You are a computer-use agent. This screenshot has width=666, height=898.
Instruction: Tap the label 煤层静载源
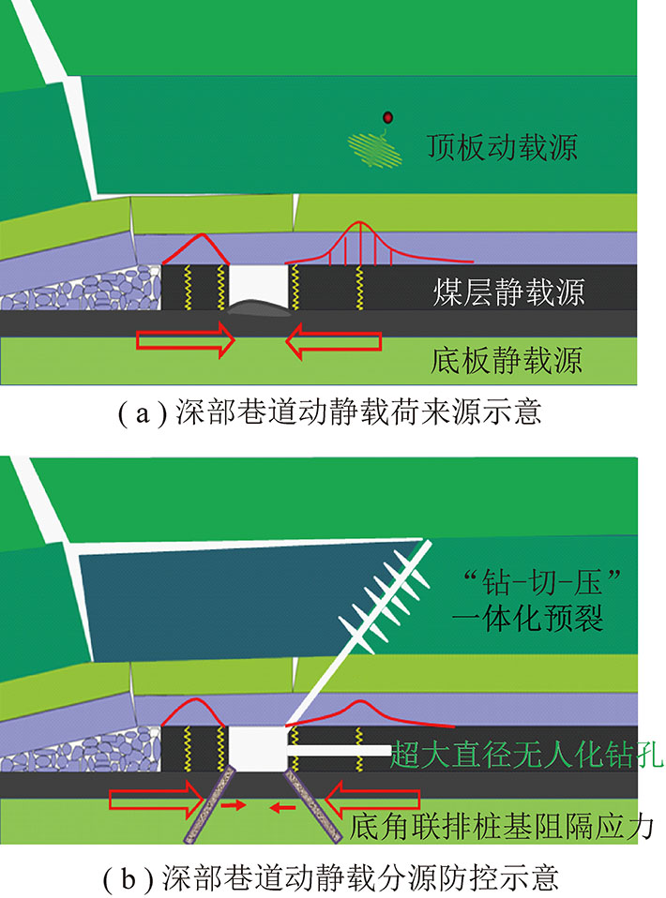tap(509, 292)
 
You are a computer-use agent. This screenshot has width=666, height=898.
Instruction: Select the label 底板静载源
tap(507, 359)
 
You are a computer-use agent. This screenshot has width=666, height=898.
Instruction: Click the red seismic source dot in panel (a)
tap(387, 117)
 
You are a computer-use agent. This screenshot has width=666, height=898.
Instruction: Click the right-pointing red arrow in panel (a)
tap(184, 339)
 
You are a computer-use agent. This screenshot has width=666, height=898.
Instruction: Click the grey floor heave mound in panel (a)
tap(256, 307)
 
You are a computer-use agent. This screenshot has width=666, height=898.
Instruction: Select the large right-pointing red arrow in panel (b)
tap(158, 800)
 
